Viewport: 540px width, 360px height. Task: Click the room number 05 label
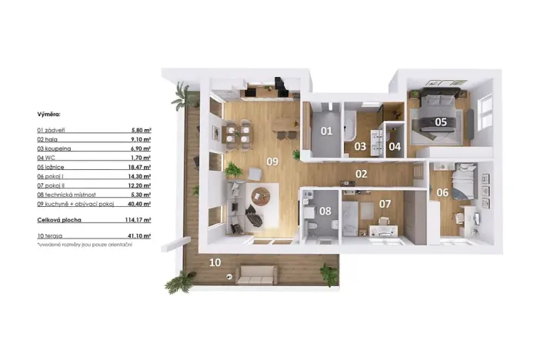pos(441,121)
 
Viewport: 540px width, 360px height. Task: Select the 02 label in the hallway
pos(361,174)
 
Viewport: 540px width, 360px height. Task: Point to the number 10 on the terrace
pos(216,262)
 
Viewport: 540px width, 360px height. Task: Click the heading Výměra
pos(48,114)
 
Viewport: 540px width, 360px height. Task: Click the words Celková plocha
pos(58,219)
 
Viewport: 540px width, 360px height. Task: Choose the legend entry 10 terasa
pos(51,235)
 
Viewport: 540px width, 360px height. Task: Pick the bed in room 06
pos(463,183)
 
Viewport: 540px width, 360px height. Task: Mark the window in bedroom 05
pos(486,113)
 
